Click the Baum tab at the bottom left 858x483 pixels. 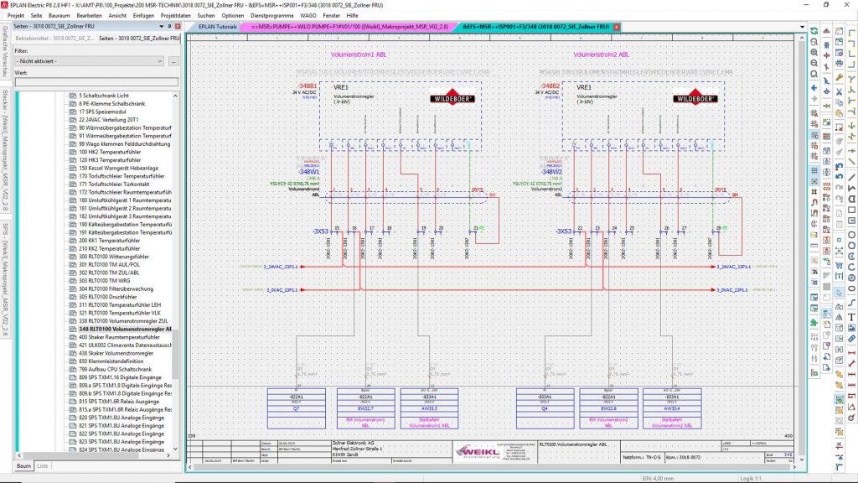coord(24,465)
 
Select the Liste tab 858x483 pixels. coord(43,465)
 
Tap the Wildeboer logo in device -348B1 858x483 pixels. coord(453,97)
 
